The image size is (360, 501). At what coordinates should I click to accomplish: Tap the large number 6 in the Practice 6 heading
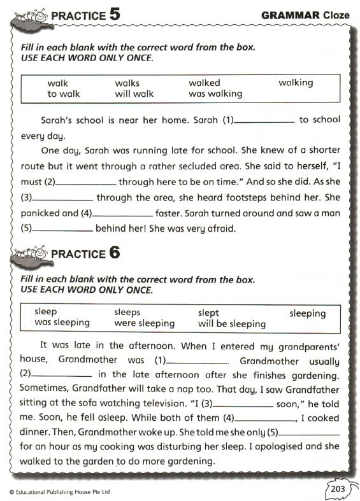tap(114, 252)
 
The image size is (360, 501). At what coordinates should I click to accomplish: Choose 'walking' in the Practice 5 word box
tap(296, 83)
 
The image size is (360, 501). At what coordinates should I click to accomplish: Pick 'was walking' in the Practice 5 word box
tap(215, 94)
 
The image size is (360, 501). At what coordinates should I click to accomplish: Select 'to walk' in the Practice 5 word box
tap(63, 94)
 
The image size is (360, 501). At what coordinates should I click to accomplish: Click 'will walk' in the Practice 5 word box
tap(134, 94)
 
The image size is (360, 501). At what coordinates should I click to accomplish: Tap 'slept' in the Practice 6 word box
tap(208, 313)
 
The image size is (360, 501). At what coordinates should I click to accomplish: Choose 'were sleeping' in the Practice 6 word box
tap(144, 323)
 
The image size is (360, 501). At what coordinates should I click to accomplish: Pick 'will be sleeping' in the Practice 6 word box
tap(231, 323)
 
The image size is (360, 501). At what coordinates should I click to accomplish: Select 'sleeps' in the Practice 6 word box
tap(127, 313)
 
